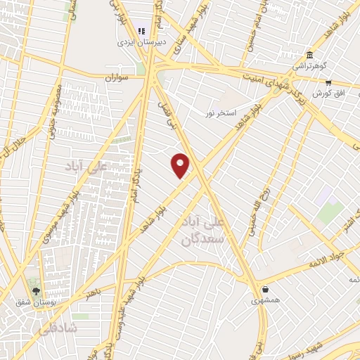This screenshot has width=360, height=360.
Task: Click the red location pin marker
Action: (x=181, y=165)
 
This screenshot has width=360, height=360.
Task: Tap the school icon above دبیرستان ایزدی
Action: (x=141, y=31)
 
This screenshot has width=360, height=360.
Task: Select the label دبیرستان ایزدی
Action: (x=141, y=42)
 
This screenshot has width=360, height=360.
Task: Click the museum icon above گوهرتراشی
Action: (x=309, y=56)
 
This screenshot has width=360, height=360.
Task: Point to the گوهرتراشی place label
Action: (x=310, y=67)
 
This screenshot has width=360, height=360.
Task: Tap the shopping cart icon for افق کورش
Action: (x=328, y=83)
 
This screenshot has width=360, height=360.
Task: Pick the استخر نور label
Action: (x=219, y=112)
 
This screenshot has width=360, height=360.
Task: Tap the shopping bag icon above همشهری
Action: (x=265, y=289)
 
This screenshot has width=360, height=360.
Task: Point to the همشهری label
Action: (x=265, y=300)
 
